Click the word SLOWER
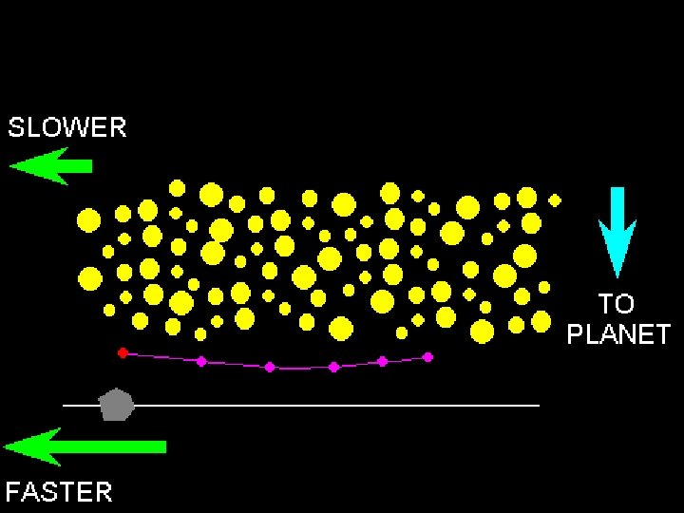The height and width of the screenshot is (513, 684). (x=66, y=127)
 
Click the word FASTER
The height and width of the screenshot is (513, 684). (x=59, y=491)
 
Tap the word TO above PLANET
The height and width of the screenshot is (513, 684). (x=617, y=304)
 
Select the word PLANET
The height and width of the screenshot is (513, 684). (x=618, y=334)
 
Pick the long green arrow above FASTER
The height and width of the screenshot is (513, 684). (x=85, y=446)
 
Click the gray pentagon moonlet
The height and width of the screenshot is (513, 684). (x=116, y=405)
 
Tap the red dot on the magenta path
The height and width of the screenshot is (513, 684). (x=123, y=352)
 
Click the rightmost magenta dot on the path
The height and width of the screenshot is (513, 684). (x=427, y=357)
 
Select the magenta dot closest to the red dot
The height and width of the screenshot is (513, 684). (x=201, y=361)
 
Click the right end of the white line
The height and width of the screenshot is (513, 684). (x=538, y=406)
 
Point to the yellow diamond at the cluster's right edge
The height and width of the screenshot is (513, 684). (x=555, y=200)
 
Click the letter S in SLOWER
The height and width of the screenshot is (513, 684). (x=17, y=127)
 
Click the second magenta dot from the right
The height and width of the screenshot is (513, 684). (x=382, y=361)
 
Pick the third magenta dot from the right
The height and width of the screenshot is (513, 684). (x=333, y=367)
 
